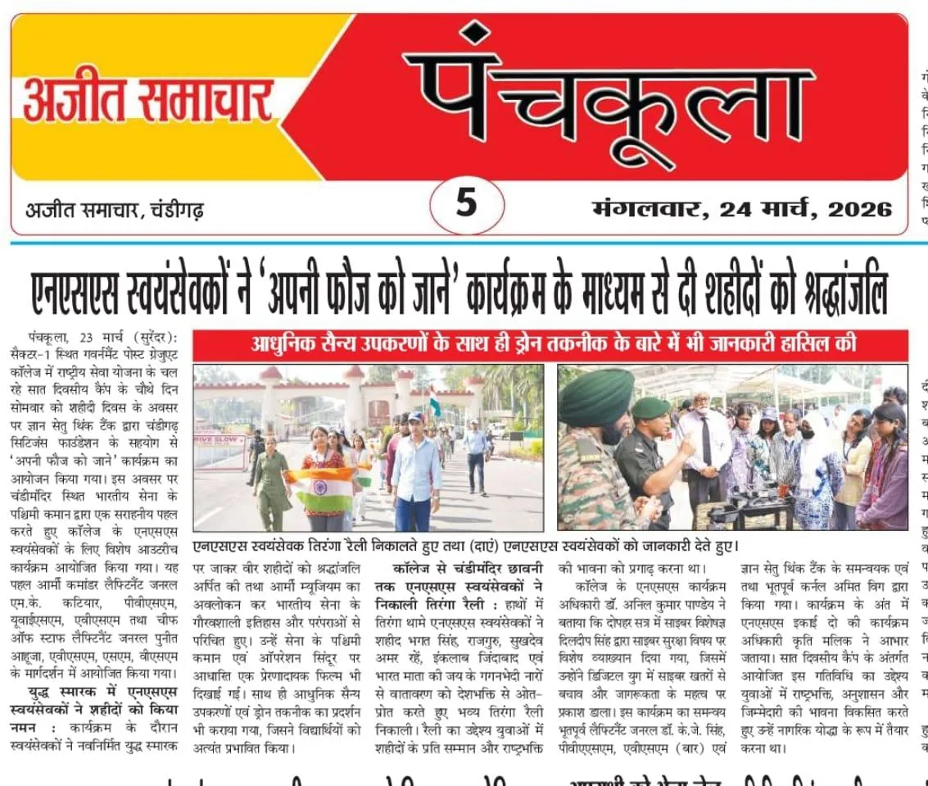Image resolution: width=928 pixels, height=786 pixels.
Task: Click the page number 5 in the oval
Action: (465, 202)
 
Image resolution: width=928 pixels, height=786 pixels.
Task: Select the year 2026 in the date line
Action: (859, 209)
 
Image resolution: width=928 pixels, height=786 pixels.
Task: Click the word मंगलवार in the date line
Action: (644, 209)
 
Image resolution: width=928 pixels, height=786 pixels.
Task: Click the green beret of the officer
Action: (650, 407)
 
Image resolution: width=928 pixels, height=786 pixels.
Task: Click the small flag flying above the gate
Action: (433, 402)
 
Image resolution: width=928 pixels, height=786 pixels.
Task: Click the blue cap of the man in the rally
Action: (415, 418)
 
